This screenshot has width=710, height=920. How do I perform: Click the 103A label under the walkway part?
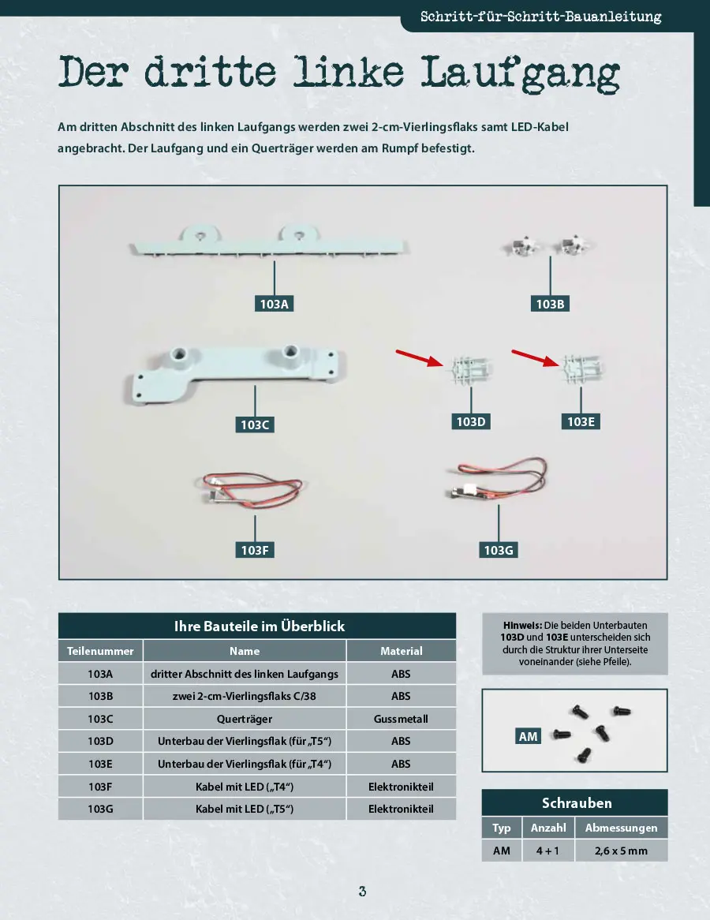pos(274,304)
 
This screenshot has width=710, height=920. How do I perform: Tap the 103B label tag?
pos(549,304)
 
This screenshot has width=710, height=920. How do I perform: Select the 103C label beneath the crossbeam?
pos(255,425)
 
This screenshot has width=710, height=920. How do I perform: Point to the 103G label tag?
pos(499,550)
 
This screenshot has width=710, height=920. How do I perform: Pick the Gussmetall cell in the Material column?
pos(401,719)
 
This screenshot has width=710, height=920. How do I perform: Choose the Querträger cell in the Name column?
pos(245,719)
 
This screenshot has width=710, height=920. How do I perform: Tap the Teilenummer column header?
pos(100,651)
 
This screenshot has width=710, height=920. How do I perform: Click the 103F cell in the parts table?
pos(100,787)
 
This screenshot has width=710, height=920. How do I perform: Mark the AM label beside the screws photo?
pos(528,736)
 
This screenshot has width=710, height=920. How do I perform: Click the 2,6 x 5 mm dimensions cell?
pos(620,851)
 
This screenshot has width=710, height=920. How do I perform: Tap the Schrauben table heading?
pos(576,803)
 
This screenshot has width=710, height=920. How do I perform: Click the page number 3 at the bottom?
pos(362,892)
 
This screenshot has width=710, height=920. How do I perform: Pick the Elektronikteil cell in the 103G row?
pos(401,809)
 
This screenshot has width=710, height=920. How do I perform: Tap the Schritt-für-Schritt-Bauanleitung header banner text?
pos(540,17)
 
